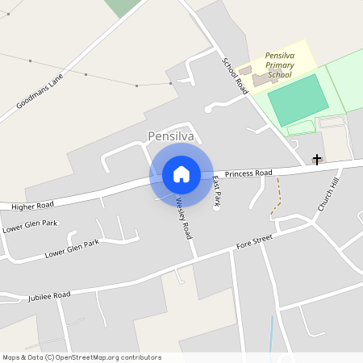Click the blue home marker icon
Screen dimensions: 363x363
[181, 174]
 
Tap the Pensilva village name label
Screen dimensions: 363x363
[170, 136]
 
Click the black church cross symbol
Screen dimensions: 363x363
[317, 160]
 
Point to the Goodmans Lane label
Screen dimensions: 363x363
[39, 91]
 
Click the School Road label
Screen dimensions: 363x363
[235, 77]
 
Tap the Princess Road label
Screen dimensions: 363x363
[249, 173]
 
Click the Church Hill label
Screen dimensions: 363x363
[329, 195]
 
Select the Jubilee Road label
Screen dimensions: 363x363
[49, 296]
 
